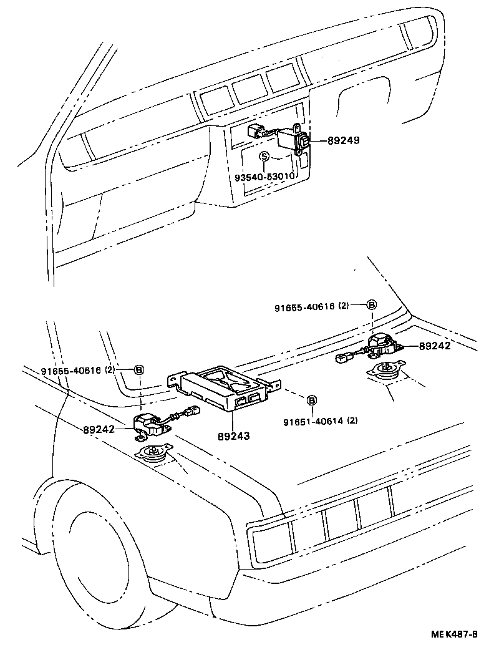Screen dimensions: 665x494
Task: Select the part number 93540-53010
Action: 264,177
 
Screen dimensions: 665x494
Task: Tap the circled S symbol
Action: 264,157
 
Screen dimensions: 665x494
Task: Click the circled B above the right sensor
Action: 371,305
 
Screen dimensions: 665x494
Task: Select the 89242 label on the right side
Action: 435,346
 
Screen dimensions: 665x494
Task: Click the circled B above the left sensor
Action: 139,370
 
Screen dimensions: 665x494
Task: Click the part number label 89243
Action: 233,435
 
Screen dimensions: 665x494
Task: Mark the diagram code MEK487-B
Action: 454,634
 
